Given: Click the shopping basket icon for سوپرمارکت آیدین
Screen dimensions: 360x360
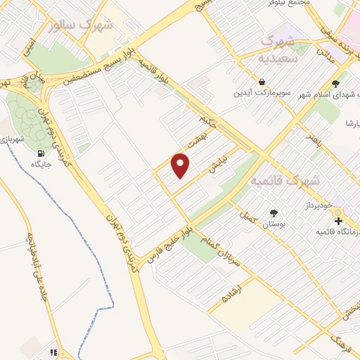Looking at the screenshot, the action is [262, 82].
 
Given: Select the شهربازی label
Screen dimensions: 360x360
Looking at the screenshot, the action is [12, 139].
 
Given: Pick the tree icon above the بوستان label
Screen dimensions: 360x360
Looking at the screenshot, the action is [274, 212].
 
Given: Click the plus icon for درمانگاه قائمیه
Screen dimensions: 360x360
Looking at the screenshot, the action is [338, 221].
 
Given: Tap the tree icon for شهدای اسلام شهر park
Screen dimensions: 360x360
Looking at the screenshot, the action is [335, 84].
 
